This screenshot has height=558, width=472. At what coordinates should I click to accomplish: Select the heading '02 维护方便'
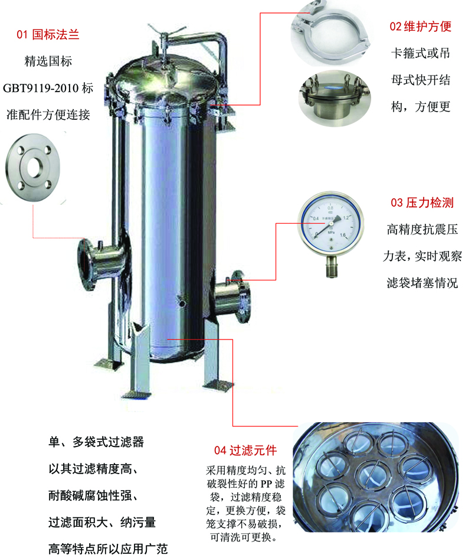coord(420,27)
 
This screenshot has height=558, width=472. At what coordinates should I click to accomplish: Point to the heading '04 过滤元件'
coord(245,451)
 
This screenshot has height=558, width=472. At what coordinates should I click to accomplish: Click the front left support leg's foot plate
coord(136,394)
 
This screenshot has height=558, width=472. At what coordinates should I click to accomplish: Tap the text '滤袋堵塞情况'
coord(421,283)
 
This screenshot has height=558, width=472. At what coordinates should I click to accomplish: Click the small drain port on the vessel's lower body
coord(183,304)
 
